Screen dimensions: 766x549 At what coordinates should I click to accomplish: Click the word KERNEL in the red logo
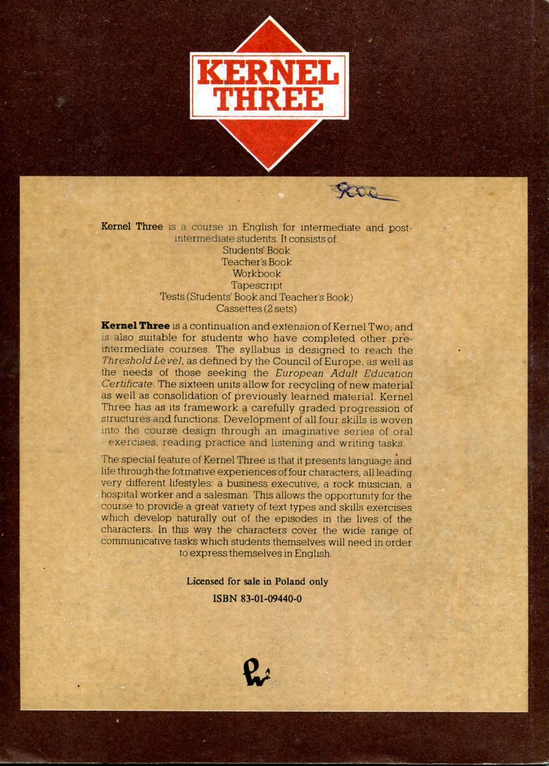click(x=268, y=74)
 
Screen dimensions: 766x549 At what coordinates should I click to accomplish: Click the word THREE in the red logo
click(x=269, y=99)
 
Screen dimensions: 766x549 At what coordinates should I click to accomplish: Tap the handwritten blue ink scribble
click(x=363, y=192)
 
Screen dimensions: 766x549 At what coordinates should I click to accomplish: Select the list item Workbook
click(x=257, y=274)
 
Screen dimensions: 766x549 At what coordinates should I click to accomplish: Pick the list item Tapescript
click(x=257, y=286)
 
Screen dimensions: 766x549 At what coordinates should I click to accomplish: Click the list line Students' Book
click(x=257, y=250)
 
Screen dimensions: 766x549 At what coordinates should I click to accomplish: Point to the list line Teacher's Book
click(x=257, y=262)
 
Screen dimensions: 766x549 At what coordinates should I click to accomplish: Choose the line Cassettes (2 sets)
click(x=257, y=308)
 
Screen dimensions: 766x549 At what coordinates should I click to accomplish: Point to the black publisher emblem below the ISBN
click(x=257, y=671)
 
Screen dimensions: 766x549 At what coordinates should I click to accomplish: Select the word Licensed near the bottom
click(x=205, y=582)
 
